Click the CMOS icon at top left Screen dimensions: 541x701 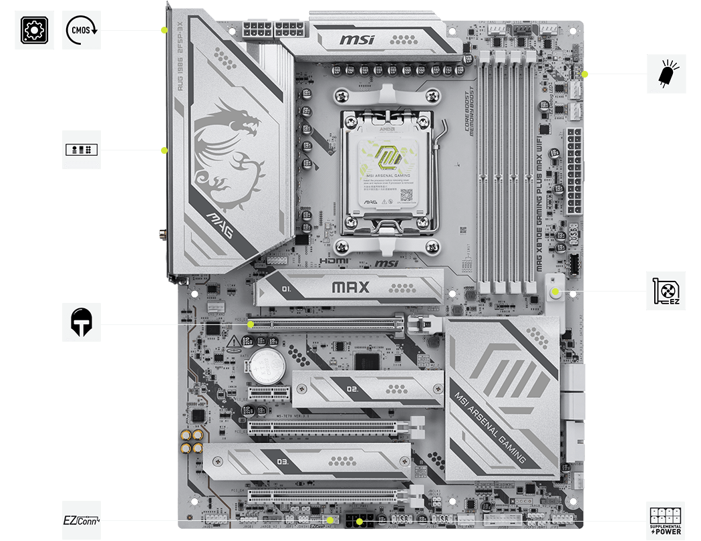click(82, 30)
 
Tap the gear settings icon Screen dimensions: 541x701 click(34, 30)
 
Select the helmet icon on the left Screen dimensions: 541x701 click(82, 322)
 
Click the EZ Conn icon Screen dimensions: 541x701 click(82, 520)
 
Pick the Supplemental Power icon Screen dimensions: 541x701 click(666, 520)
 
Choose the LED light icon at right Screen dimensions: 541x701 click(666, 74)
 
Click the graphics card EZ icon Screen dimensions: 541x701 click(666, 291)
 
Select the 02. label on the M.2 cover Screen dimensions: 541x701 click(353, 389)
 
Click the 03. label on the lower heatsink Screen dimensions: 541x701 click(282, 462)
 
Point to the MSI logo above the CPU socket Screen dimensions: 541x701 click(358, 41)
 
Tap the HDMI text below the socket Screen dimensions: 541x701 click(331, 263)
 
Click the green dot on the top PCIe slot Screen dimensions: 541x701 click(251, 324)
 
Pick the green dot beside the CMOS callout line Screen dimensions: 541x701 click(164, 30)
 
